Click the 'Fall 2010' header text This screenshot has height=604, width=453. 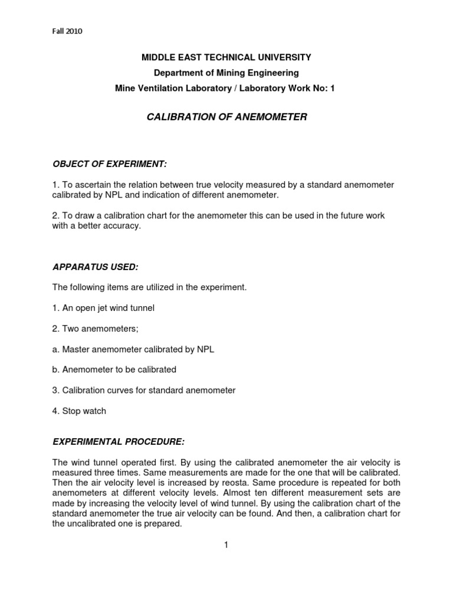[66, 31]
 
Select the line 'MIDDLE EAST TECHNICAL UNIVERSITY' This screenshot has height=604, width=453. [226, 58]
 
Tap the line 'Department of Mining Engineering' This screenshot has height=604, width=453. [226, 73]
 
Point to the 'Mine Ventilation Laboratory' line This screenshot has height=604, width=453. [226, 88]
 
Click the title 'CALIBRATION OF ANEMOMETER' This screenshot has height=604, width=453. [226, 117]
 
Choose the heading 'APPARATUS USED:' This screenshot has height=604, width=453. [96, 267]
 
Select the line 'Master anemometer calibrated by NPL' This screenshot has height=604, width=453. [134, 349]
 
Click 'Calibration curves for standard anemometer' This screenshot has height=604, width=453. [145, 390]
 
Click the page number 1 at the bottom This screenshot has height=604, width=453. [225, 545]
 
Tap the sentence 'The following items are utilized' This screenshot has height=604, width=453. [149, 287]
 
